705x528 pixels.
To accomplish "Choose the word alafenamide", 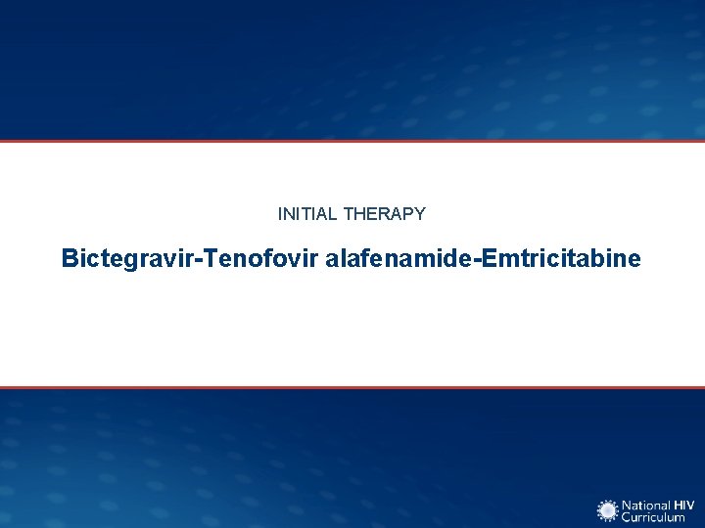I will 392,259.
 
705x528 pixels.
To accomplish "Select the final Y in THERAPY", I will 420,213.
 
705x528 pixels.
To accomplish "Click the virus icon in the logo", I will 608,510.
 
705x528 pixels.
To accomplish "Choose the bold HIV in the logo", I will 682,505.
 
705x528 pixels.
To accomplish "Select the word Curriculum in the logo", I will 655,517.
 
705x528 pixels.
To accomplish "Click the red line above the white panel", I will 352,141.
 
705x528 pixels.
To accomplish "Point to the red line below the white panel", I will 352,387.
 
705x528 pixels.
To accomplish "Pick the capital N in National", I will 629,505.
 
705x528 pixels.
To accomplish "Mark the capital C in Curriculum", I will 629,517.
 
